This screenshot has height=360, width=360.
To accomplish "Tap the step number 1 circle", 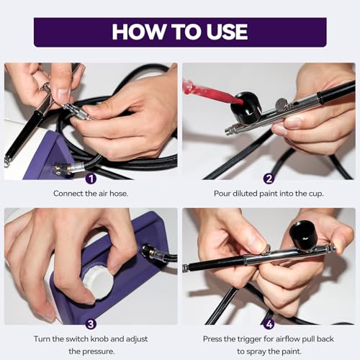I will point(90,179).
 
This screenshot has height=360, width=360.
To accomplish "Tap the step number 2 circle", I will point(268,179).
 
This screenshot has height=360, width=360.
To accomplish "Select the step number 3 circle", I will point(90,324).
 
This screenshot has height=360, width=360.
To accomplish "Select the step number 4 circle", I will point(268,324).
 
